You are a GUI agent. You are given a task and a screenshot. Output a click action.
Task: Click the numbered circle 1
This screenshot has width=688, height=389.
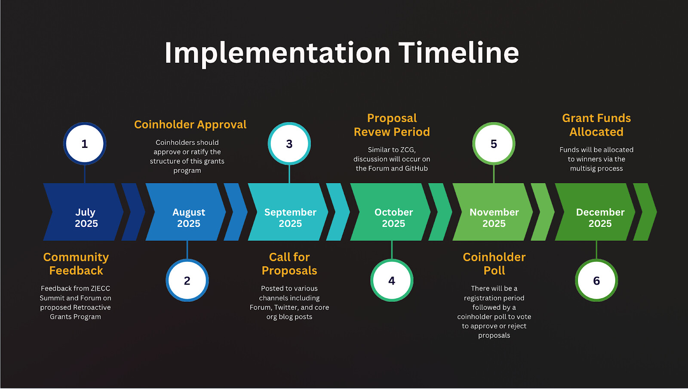(85, 144)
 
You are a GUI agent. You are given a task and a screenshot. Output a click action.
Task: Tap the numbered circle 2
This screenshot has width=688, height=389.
(187, 280)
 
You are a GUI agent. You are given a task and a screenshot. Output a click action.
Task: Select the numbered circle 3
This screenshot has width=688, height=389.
(289, 144)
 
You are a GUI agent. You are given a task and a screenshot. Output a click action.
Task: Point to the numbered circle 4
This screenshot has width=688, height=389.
(392, 280)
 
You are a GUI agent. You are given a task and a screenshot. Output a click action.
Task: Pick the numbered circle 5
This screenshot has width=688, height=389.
(494, 144)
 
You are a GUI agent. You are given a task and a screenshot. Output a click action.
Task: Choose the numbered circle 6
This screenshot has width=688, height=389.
(596, 280)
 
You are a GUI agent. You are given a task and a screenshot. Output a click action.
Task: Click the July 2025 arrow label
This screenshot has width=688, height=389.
(86, 217)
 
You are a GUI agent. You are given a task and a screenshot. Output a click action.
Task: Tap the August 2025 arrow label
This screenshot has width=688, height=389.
(189, 217)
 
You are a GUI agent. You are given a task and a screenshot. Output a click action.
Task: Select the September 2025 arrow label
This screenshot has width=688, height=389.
(290, 217)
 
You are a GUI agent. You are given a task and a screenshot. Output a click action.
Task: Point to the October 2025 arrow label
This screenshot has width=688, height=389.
(393, 217)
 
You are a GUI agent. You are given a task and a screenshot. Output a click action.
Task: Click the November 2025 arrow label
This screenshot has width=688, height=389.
(494, 217)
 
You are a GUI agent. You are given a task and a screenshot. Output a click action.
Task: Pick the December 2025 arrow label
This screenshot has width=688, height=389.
(600, 217)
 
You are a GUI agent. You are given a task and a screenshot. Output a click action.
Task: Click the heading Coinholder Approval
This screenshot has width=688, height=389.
(190, 125)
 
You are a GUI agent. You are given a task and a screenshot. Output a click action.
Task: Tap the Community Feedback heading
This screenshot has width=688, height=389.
(76, 264)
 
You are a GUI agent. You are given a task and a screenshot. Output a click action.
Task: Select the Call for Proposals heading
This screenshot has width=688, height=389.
(289, 264)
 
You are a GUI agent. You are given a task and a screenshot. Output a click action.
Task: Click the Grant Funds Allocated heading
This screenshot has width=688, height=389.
(596, 125)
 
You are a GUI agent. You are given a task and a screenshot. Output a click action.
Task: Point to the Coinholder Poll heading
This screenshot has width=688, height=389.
(494, 264)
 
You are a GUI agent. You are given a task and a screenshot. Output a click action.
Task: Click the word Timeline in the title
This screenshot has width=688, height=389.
(458, 53)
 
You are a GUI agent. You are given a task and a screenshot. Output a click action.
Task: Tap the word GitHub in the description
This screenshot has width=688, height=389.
(416, 168)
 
